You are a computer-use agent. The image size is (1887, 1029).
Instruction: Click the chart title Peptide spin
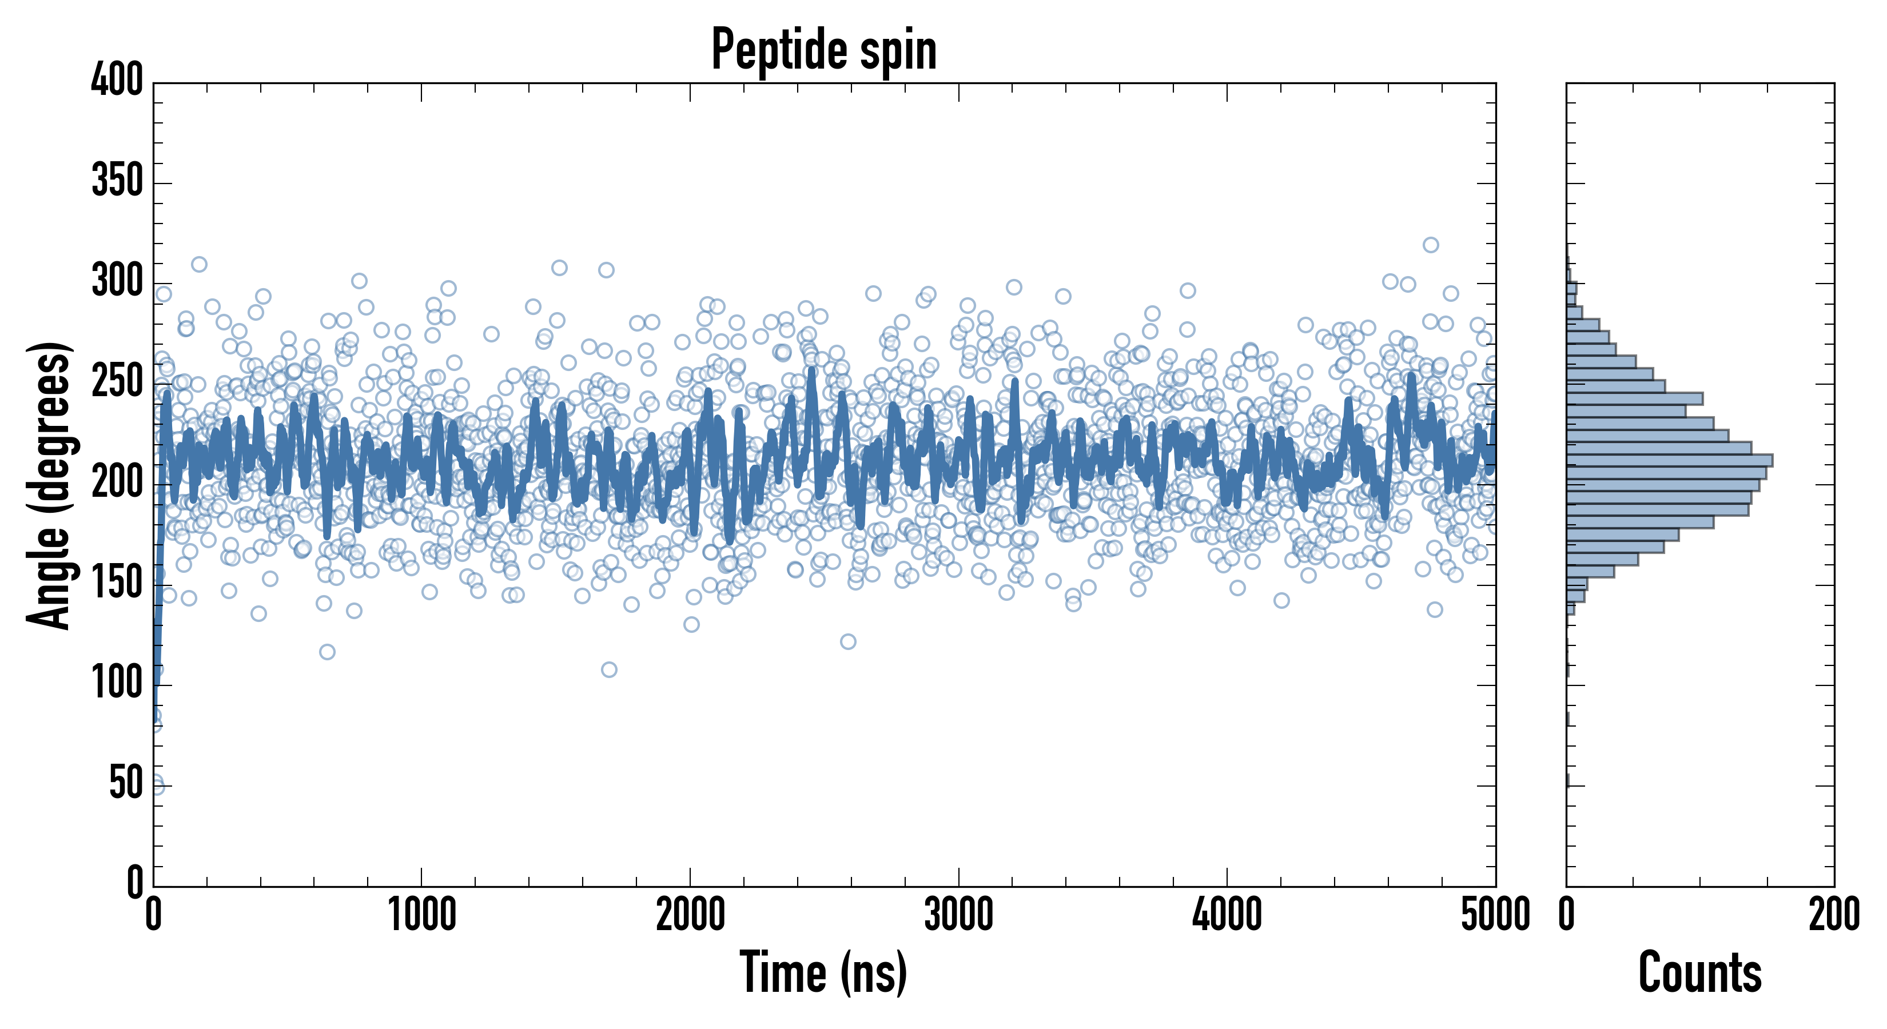pos(824,50)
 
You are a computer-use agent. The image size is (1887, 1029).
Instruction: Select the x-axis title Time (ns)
pos(824,972)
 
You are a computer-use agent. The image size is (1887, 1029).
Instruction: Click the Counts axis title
pos(1700,972)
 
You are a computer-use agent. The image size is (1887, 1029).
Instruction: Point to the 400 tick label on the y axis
pos(117,80)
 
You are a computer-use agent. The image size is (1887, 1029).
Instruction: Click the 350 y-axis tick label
pos(117,181)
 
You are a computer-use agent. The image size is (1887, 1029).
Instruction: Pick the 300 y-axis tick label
pos(117,281)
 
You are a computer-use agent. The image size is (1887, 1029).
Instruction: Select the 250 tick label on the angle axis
pos(117,381)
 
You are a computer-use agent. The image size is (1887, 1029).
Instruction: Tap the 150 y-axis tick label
pos(117,583)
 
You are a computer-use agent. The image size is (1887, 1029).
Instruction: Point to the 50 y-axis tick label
pos(126,784)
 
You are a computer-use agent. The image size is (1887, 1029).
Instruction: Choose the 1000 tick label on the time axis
pos(422,915)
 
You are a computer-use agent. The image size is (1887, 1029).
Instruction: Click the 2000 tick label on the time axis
pos(690,915)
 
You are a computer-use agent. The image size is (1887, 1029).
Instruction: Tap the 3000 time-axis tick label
pos(958,915)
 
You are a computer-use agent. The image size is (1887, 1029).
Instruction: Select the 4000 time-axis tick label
pos(1227,915)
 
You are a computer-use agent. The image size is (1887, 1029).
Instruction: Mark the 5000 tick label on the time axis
pos(1495,915)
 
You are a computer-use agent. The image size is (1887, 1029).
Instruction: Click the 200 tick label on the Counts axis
pos(1834,915)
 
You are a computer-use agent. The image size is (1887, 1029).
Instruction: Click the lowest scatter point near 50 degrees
pos(157,787)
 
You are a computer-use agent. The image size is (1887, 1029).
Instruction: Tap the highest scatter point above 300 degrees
pos(1431,245)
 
